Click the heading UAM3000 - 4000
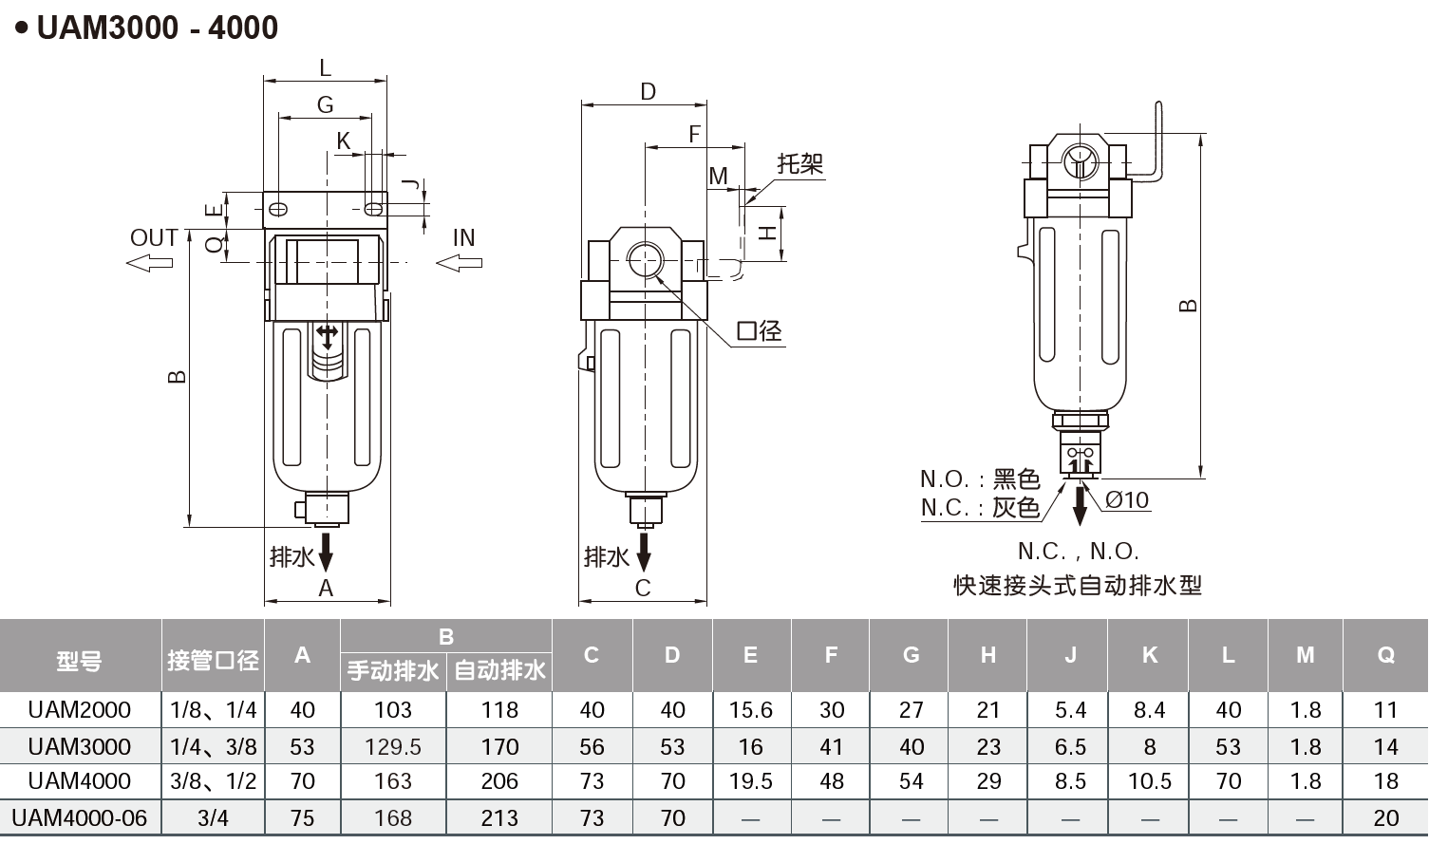click(157, 28)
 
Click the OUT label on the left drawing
click(154, 237)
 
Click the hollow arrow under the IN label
click(460, 262)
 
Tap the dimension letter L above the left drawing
click(325, 67)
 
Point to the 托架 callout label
click(799, 163)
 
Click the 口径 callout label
click(760, 331)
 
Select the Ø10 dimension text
click(1127, 500)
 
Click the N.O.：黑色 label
click(979, 478)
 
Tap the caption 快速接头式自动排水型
click(1078, 585)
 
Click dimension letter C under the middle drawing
click(643, 588)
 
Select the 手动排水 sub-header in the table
click(393, 670)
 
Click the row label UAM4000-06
click(80, 817)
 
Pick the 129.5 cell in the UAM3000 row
click(393, 746)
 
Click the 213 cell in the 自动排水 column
click(499, 817)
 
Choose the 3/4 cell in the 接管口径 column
click(213, 817)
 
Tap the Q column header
click(1385, 654)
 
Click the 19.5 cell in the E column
click(750, 781)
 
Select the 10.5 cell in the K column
click(1149, 781)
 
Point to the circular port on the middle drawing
click(646, 259)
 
